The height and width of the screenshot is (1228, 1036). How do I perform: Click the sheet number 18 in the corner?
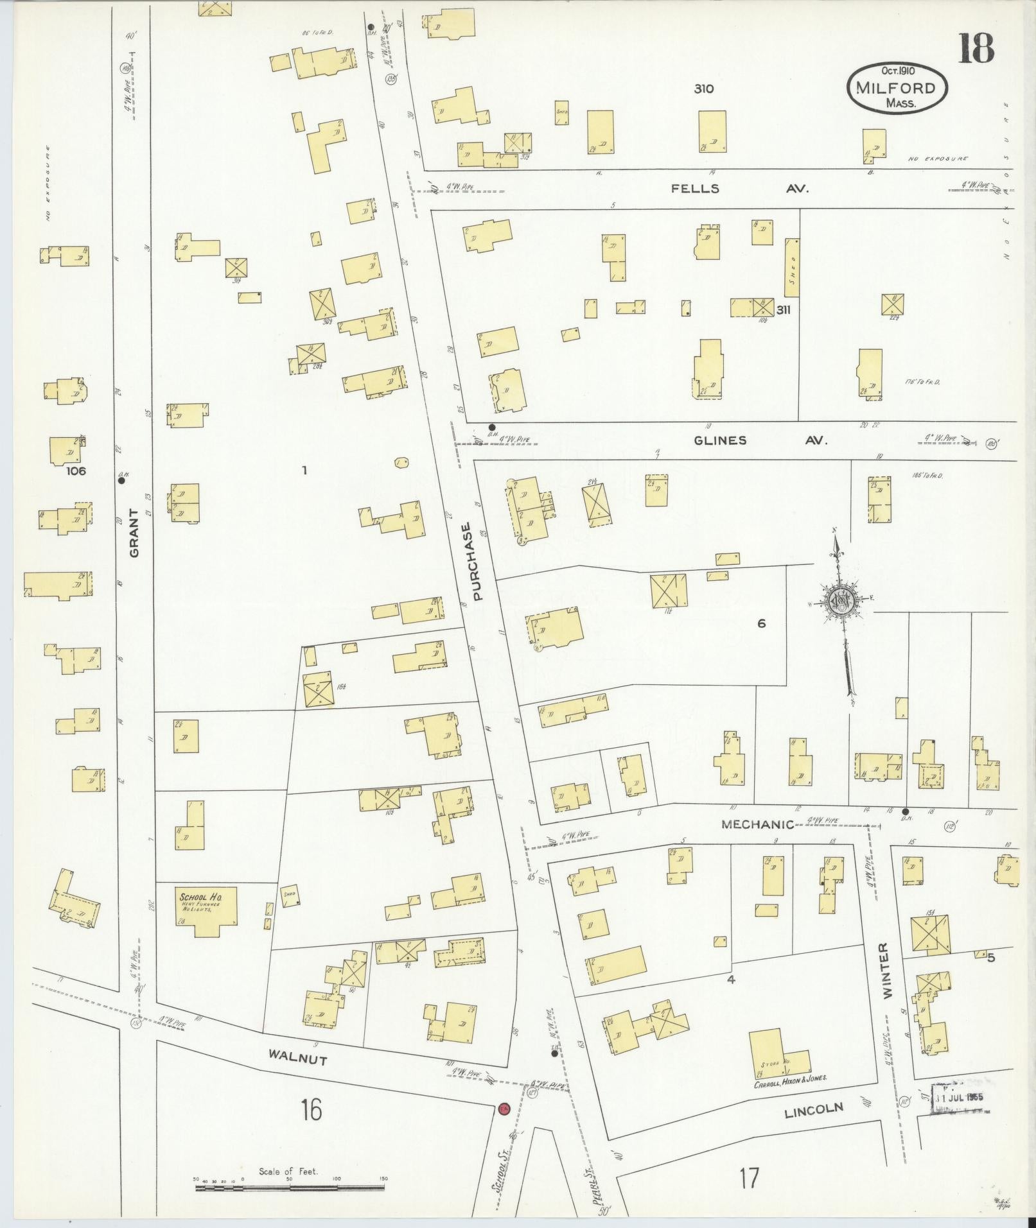[976, 49]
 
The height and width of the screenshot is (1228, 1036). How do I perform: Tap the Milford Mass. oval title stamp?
[897, 88]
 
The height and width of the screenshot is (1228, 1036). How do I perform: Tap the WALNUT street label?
[297, 1057]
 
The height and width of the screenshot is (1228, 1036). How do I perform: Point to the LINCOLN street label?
[812, 1109]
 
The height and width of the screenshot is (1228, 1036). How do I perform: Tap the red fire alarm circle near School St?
[504, 1109]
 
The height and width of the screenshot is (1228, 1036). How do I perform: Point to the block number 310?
[703, 89]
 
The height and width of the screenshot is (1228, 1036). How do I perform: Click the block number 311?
[783, 309]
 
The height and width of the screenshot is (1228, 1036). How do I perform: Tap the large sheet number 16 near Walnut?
[311, 1109]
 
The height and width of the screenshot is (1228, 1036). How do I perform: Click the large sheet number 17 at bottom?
[748, 1178]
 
